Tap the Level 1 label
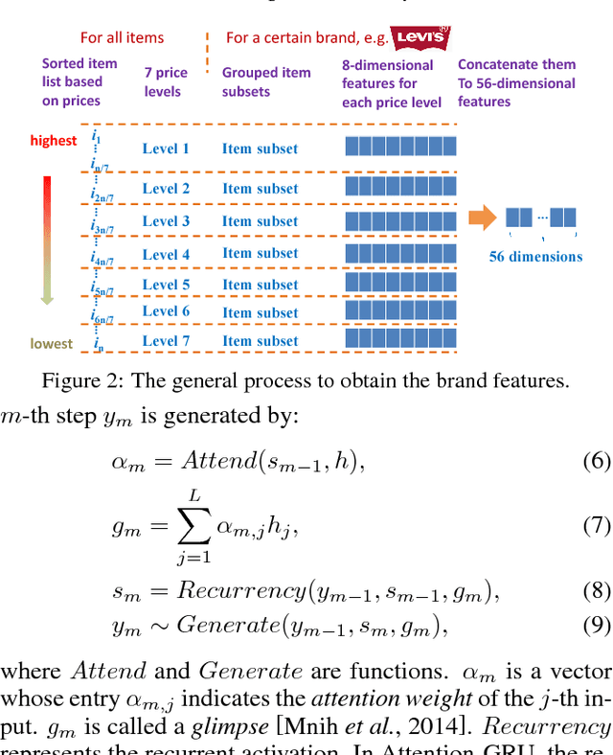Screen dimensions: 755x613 coord(166,149)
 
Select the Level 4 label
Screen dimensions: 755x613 coord(166,254)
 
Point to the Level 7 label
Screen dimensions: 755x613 coord(166,341)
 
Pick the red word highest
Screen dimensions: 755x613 coord(54,141)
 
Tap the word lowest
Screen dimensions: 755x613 coord(51,344)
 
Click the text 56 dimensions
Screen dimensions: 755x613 coord(535,256)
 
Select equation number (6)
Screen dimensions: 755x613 coord(596,461)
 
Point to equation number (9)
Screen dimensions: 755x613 coord(596,627)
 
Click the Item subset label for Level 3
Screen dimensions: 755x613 coord(260,221)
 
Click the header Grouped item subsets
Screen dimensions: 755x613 coord(266,82)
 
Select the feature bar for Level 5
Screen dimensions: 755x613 coord(400,284)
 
